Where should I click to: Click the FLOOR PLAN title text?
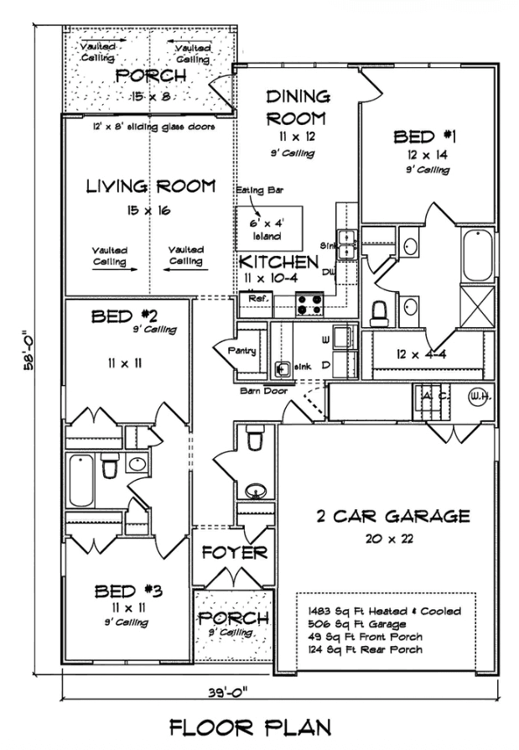pos(259,726)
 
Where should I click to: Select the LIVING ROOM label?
pos(152,185)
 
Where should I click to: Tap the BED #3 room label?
pos(128,592)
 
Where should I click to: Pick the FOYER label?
pos(234,554)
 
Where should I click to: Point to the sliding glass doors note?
pos(153,127)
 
